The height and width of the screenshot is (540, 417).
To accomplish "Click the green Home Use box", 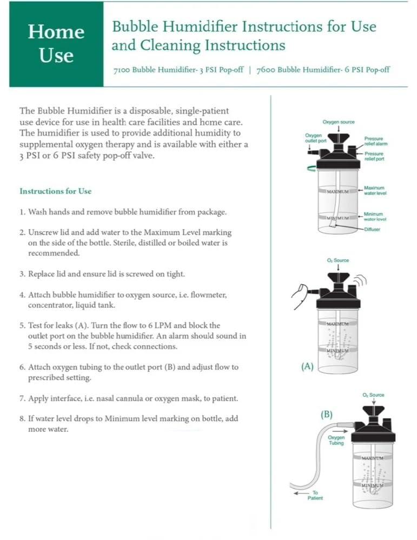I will (56, 44).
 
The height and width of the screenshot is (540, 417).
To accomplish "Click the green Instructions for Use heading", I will (56, 191).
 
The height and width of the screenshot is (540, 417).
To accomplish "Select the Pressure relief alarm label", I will (375, 141).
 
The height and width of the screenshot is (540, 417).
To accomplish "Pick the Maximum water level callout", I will (375, 191).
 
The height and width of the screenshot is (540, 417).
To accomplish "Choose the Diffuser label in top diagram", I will (372, 230).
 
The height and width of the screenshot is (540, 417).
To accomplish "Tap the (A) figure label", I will (307, 366).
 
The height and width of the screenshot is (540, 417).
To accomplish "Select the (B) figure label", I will (326, 415).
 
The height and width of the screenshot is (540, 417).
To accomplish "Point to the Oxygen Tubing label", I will (336, 440).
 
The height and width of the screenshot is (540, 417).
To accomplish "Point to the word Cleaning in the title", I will (169, 45).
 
